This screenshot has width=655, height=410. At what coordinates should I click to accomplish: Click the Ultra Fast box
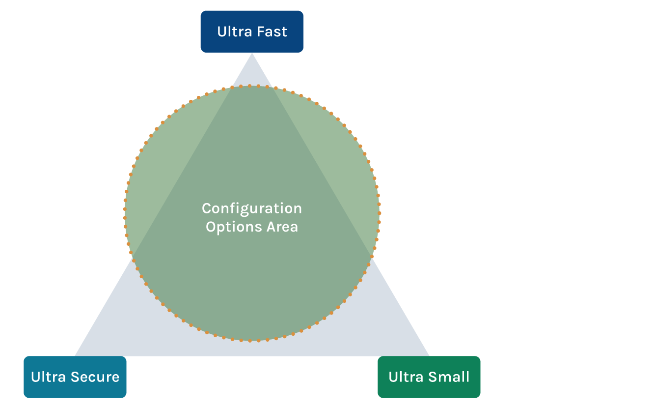click(x=251, y=31)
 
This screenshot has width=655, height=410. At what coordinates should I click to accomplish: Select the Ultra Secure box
click(x=75, y=377)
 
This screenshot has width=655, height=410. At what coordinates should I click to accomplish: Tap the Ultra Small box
click(x=429, y=377)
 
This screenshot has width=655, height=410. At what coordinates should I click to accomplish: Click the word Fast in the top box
click(x=272, y=31)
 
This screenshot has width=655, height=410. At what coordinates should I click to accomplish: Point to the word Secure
click(x=97, y=377)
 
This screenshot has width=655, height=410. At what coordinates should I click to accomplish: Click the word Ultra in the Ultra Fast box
click(x=232, y=31)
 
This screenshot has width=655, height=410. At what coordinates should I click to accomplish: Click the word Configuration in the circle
click(x=251, y=208)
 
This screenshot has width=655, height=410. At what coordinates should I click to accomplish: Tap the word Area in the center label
click(x=282, y=227)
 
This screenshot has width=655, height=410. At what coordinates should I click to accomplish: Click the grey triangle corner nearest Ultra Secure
click(x=79, y=352)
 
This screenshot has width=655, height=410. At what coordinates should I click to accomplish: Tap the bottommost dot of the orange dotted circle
click(x=250, y=340)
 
